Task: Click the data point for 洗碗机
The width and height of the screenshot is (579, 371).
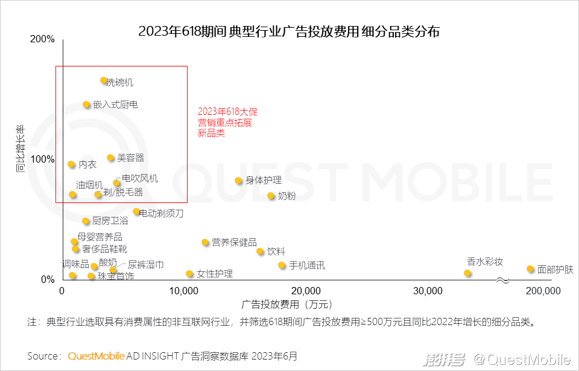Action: pyautogui.click(x=104, y=80)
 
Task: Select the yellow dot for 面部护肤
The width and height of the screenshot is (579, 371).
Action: pyautogui.click(x=530, y=269)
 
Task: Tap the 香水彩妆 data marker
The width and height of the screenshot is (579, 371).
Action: pyautogui.click(x=467, y=273)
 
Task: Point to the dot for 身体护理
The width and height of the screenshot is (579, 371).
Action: pyautogui.click(x=238, y=181)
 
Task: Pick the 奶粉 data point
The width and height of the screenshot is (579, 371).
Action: pyautogui.click(x=271, y=196)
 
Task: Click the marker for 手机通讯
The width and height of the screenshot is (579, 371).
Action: pyautogui.click(x=282, y=265)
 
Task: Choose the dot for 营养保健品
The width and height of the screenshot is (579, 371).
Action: pyautogui.click(x=205, y=242)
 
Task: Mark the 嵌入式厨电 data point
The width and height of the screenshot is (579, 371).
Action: pyautogui.click(x=86, y=105)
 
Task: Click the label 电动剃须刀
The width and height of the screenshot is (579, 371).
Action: pyautogui.click(x=161, y=213)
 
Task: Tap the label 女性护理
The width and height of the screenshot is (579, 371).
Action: pyautogui.click(x=215, y=274)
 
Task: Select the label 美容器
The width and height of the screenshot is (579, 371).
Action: pyautogui.click(x=130, y=158)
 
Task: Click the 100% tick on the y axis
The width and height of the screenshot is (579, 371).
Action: pyautogui.click(x=42, y=160)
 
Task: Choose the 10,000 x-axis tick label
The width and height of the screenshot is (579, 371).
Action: pyautogui.click(x=183, y=291)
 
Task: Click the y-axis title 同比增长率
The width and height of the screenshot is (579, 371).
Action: pyautogui.click(x=21, y=149)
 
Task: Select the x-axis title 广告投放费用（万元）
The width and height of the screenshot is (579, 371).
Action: pyautogui.click(x=286, y=304)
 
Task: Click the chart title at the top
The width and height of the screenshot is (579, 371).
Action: pyautogui.click(x=289, y=31)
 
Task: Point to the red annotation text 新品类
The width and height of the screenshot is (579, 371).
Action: pyautogui.click(x=211, y=134)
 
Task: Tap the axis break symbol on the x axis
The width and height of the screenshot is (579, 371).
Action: pyautogui.click(x=502, y=280)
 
